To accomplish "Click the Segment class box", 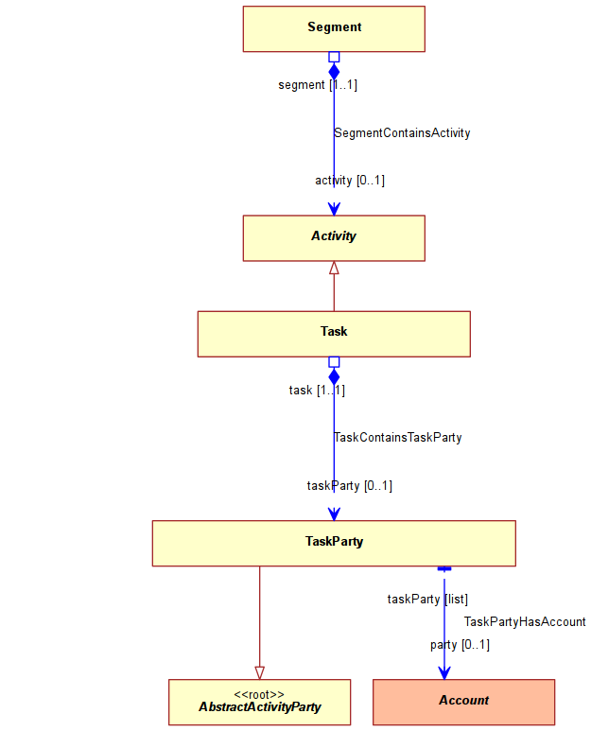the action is pyautogui.click(x=334, y=29).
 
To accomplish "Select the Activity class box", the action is pyautogui.click(x=334, y=237).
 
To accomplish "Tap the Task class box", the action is pyautogui.click(x=334, y=334).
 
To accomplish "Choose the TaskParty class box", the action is pyautogui.click(x=334, y=543).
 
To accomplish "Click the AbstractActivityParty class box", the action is pyautogui.click(x=260, y=702).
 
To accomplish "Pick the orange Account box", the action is pyautogui.click(x=463, y=702).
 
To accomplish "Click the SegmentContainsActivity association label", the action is pyautogui.click(x=402, y=133).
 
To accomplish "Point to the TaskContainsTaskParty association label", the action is pyautogui.click(x=398, y=437).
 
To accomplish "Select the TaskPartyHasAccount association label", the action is pyautogui.click(x=525, y=621).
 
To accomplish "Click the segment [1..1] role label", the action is pyautogui.click(x=318, y=85).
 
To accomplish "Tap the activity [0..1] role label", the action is pyautogui.click(x=350, y=181).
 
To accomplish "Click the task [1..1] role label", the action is pyautogui.click(x=317, y=391).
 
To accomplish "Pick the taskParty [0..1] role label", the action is pyautogui.click(x=350, y=486).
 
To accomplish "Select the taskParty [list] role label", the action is pyautogui.click(x=427, y=599).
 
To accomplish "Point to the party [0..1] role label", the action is pyautogui.click(x=460, y=645).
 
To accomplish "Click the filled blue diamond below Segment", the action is pyautogui.click(x=334, y=71).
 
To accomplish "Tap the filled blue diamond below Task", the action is pyautogui.click(x=334, y=376).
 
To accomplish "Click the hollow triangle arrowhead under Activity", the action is pyautogui.click(x=334, y=268).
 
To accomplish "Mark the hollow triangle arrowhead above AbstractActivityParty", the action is pyautogui.click(x=260, y=672).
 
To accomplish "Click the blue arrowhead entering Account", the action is pyautogui.click(x=444, y=672).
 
